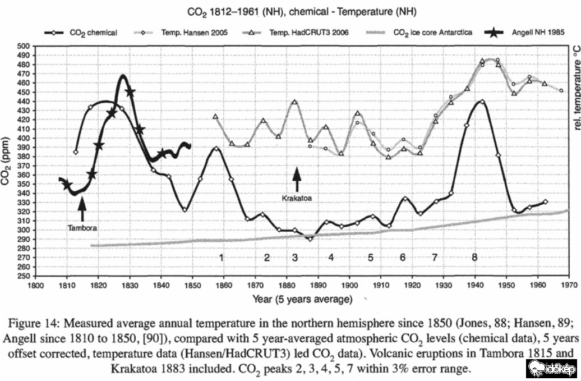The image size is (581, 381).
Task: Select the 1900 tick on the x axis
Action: point(349,284)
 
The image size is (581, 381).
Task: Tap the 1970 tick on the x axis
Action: point(569,284)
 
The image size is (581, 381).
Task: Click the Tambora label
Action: point(82,228)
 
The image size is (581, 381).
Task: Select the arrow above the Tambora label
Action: point(82,210)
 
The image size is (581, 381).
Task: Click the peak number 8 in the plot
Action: point(474,258)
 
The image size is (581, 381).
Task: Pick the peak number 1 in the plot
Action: point(222,258)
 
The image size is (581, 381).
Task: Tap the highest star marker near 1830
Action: point(130,93)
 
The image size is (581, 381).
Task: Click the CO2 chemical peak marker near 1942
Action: point(482,102)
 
